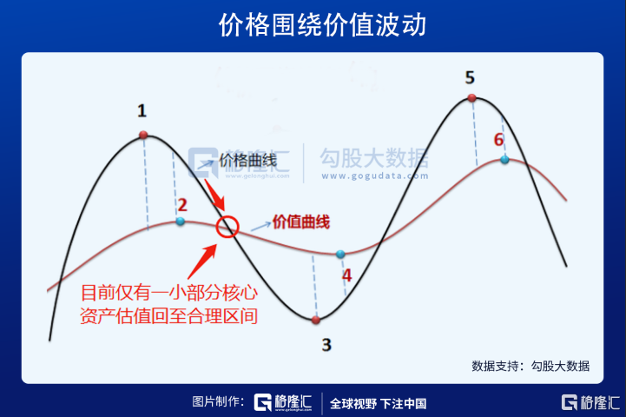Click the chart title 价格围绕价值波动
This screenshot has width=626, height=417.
(323, 25)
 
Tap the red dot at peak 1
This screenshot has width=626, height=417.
(143, 135)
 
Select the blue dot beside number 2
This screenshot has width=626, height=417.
(181, 221)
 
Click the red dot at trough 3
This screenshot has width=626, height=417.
(316, 320)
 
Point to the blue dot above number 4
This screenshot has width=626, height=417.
(340, 254)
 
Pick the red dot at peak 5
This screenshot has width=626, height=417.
(472, 98)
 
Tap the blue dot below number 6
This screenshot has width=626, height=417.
(504, 160)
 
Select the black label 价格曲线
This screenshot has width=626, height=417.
(248, 161)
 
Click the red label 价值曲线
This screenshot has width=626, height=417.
(301, 222)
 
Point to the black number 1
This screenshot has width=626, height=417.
(142, 110)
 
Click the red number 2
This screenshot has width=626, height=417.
(182, 205)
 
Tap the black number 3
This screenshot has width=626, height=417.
(326, 344)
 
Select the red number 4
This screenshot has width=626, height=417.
(346, 275)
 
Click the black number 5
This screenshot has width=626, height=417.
(470, 77)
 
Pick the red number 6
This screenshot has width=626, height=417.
(498, 140)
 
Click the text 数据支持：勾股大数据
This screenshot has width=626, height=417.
(530, 366)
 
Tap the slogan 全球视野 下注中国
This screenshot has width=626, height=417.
(378, 403)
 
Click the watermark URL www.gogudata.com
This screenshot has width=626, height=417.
(375, 175)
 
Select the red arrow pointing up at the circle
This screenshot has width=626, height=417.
(202, 261)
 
